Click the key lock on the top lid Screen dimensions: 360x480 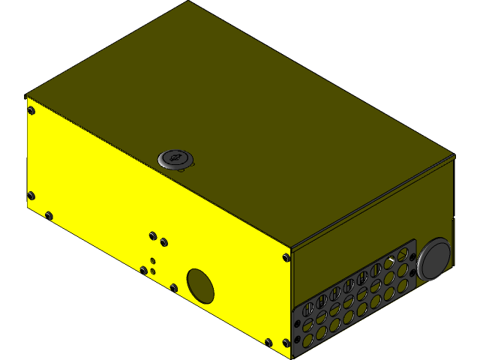[x=175, y=159]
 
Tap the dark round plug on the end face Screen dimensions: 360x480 [x=434, y=259]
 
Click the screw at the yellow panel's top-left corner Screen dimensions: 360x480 [x=31, y=111]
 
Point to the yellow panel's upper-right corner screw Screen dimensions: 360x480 [x=286, y=257]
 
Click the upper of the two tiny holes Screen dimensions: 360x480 [x=153, y=260]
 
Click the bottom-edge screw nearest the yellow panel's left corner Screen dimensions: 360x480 [x=49, y=217]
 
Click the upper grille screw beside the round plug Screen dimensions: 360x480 [x=412, y=255]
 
